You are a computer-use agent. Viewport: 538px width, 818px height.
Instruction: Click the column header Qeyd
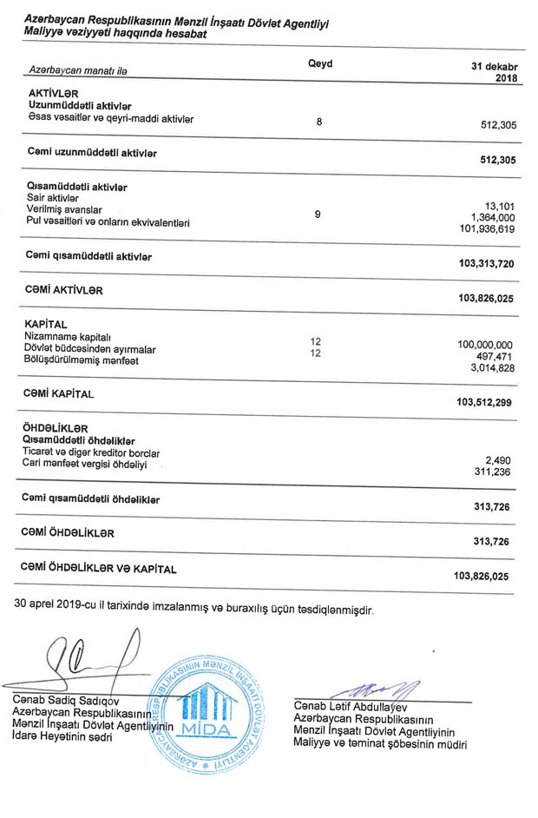[319, 64]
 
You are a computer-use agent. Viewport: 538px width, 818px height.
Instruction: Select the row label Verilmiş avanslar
[64, 210]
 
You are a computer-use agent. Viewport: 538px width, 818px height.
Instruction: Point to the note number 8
[318, 122]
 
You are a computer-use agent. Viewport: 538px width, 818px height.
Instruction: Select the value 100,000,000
[485, 345]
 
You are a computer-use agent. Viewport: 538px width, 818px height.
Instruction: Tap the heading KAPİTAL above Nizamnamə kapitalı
[47, 323]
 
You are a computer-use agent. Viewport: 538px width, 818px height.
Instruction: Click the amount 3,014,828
[492, 370]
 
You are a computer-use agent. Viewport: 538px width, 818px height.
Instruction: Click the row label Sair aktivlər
[55, 198]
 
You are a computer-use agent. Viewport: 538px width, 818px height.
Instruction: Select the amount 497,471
[495, 357]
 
